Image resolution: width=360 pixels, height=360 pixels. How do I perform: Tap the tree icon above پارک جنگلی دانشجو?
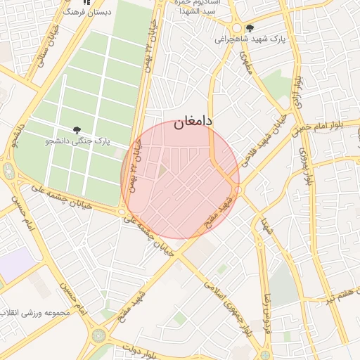click(77, 129)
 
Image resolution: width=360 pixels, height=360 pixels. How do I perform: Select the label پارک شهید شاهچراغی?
click(252, 39)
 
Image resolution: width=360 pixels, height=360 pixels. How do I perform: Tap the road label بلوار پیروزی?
click(304, 158)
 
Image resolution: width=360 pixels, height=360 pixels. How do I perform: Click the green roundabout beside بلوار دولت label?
click(98, 335)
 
